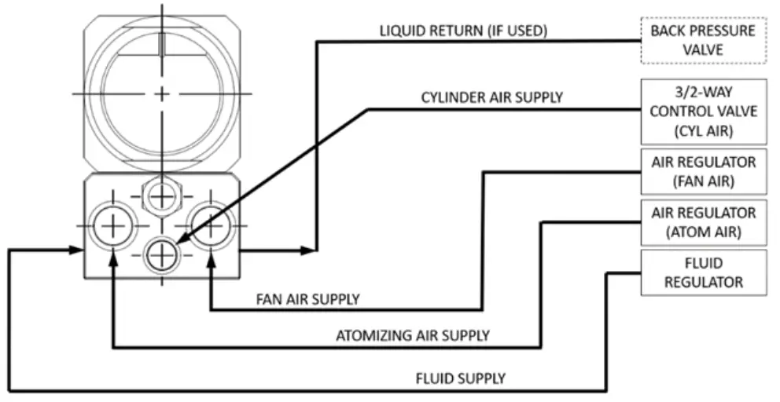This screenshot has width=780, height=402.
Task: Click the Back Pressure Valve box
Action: click(703, 41)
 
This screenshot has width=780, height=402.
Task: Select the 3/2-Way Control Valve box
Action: click(703, 111)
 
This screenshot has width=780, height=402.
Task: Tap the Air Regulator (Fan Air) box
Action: click(703, 171)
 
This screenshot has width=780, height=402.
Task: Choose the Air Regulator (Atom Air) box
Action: click(703, 222)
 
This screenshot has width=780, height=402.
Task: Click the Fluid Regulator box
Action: click(703, 272)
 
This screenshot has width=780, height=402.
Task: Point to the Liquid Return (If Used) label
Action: click(463, 31)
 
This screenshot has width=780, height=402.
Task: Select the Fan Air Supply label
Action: click(307, 299)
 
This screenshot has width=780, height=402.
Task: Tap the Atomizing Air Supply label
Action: click(413, 336)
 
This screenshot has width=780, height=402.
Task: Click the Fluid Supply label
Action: click(460, 378)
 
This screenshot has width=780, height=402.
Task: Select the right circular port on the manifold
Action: click(211, 225)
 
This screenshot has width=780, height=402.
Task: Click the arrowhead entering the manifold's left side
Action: click(76, 250)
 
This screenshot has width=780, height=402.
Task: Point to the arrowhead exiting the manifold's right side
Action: click(308, 250)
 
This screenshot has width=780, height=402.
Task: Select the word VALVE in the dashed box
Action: click(703, 49)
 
